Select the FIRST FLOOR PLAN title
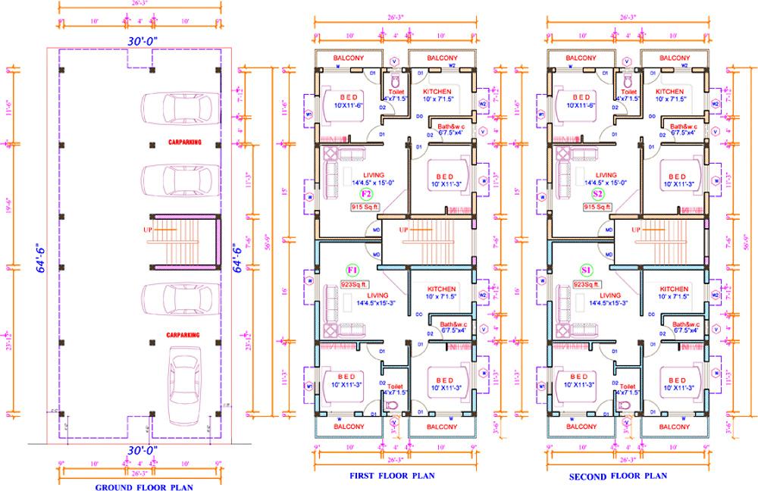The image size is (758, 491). pos(391,476)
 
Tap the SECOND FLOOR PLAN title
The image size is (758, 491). pos(618,476)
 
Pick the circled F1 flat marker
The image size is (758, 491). pos(352,271)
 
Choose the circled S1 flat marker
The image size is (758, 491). pos(586,271)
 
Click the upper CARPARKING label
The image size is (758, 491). pos(185,142)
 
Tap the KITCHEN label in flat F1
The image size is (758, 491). pos(440,289)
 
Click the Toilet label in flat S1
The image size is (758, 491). pos(628,386)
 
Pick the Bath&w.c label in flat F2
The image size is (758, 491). pos(450,126)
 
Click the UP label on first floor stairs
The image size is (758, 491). pos(404,230)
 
